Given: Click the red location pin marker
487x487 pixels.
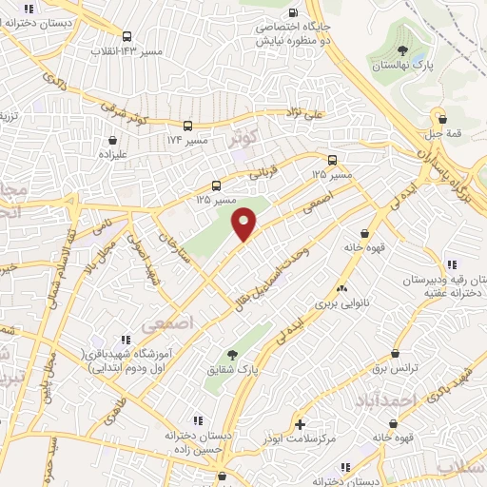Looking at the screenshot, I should [x=245, y=223].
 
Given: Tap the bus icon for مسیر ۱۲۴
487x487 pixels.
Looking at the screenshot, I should [x=188, y=126].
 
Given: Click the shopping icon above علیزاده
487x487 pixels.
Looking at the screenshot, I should [x=112, y=140].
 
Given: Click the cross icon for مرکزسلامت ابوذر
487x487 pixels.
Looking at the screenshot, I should [x=302, y=424].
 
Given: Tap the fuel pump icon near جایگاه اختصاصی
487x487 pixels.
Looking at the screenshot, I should [x=293, y=12].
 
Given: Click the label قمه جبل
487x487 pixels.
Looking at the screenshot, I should [x=442, y=134].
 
